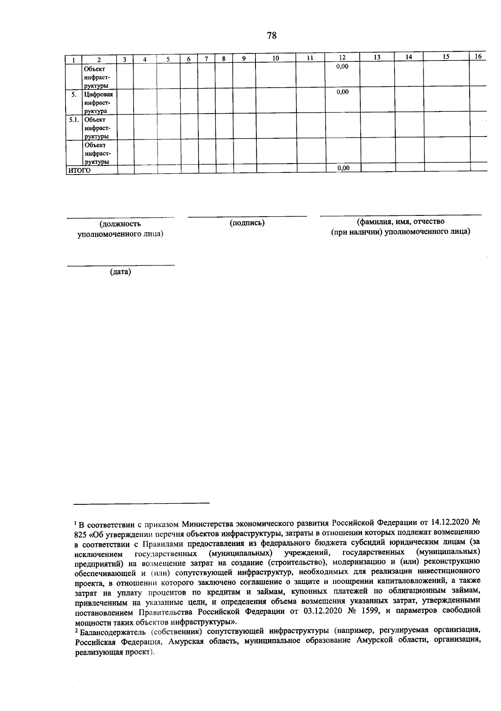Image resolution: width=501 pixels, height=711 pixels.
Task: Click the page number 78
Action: (271, 35)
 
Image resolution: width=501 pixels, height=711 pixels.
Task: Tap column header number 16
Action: (478, 57)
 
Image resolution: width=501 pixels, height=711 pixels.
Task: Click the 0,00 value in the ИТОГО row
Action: (343, 168)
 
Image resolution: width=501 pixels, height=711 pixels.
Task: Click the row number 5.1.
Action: (74, 120)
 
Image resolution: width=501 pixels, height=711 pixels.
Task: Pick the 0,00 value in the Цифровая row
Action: (342, 92)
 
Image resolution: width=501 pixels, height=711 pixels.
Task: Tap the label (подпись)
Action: (247, 223)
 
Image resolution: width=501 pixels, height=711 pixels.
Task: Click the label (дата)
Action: (120, 272)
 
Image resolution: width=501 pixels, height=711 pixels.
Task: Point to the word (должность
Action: (120, 224)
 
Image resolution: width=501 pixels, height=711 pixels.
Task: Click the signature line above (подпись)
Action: (247, 216)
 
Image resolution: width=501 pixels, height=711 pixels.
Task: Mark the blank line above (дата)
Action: (121, 265)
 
